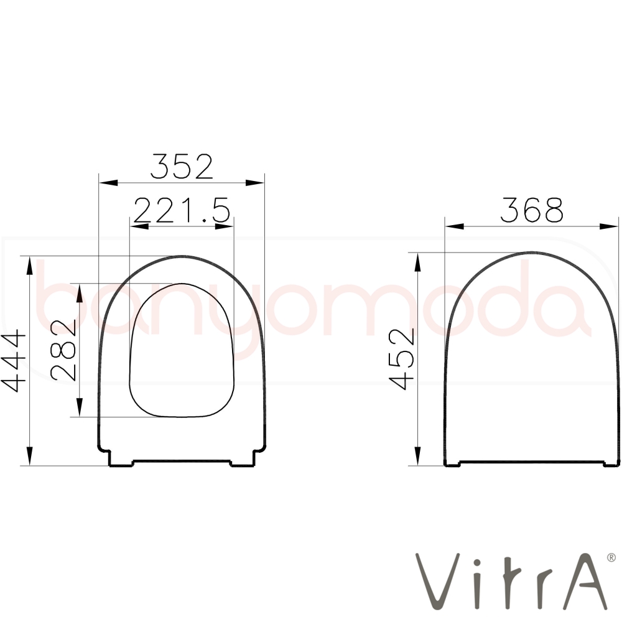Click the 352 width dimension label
click(182, 166)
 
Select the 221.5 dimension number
click(182, 210)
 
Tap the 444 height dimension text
click(14, 361)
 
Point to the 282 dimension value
click(63, 350)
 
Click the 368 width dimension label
click(532, 210)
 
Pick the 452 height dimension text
click(402, 359)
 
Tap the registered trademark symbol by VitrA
click(611, 558)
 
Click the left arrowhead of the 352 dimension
click(109, 183)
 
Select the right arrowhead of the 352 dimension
click(254, 183)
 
